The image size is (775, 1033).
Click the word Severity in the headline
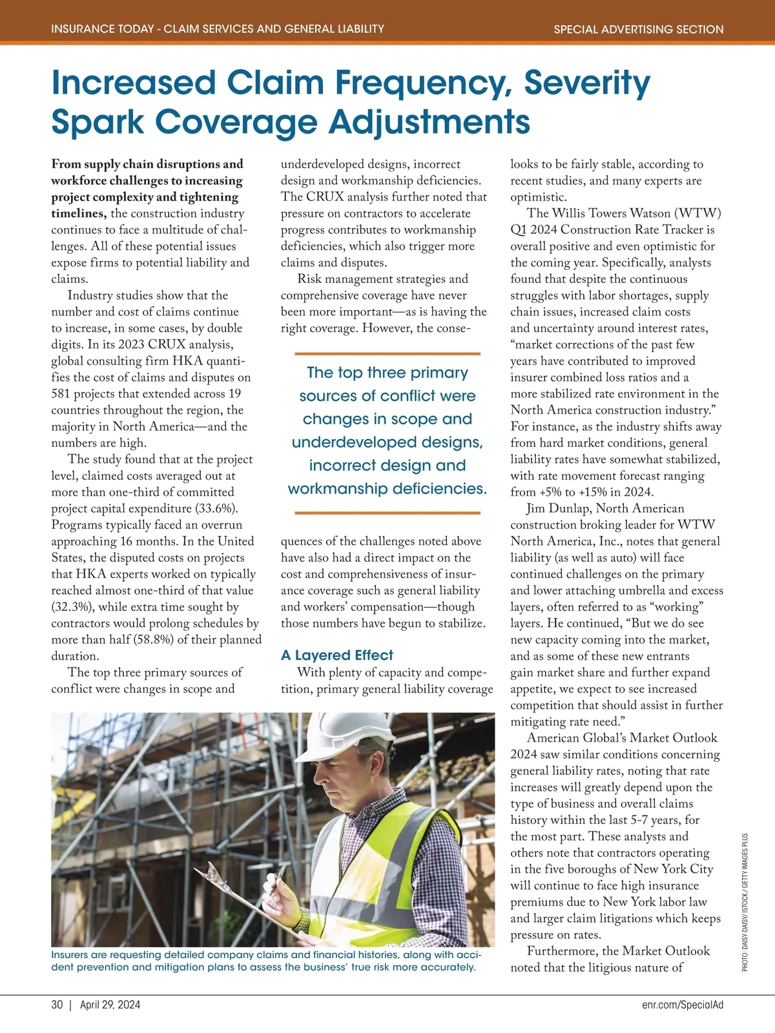click(x=586, y=83)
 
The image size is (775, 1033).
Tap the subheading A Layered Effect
click(x=336, y=655)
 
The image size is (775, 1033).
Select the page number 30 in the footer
click(x=57, y=1005)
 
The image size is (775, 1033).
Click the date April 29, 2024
click(x=110, y=1005)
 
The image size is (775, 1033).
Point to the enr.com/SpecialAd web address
click(x=683, y=1005)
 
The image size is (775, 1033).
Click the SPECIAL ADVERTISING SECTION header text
click(x=638, y=29)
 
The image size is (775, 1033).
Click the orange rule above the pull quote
click(x=387, y=354)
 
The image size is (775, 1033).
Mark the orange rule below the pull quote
click(x=387, y=513)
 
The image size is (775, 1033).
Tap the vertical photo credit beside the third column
click(x=745, y=902)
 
